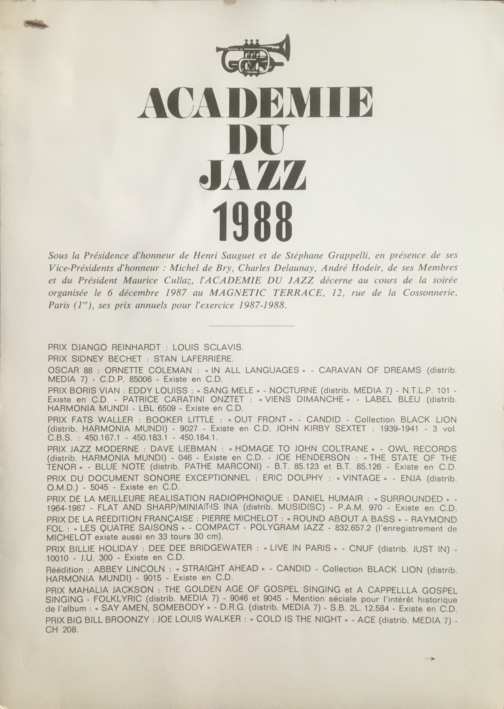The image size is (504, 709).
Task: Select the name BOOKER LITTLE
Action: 180,420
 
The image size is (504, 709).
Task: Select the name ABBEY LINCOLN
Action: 129,569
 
